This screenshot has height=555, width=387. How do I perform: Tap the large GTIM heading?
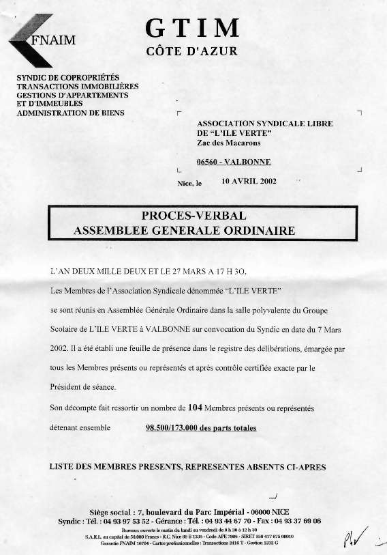[x=193, y=28]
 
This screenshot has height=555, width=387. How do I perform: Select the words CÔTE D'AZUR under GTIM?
[x=192, y=53]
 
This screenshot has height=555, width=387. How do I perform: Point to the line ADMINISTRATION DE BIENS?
[x=70, y=113]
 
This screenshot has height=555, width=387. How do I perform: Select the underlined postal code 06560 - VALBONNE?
[x=233, y=162]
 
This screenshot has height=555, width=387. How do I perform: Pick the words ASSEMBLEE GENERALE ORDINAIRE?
[x=184, y=231]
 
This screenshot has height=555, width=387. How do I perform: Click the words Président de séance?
[x=84, y=388]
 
